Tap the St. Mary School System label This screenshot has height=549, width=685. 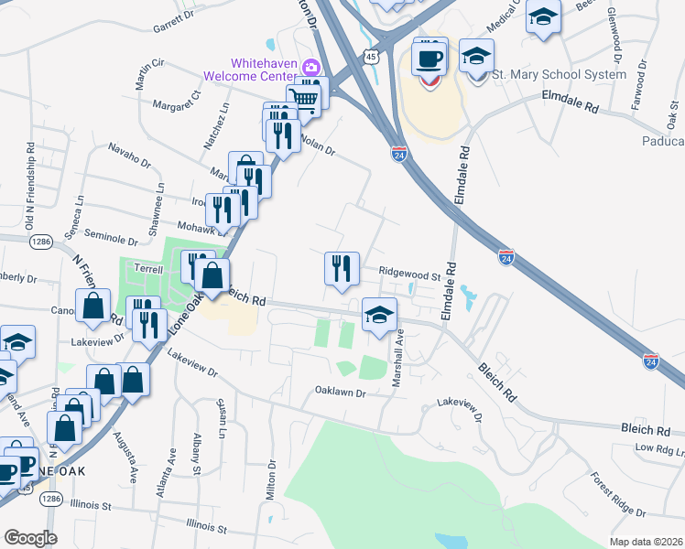coord(559,74)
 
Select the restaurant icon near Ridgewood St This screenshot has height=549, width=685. coord(342,268)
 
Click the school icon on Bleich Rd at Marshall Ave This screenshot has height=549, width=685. coord(379,315)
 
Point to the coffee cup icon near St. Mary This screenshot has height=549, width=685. coord(429,59)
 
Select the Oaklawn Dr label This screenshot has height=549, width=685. coord(341,392)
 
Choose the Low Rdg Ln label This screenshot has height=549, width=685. coord(658,448)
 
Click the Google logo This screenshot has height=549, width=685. coord(29,538)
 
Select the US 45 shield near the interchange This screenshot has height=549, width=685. coord(370,57)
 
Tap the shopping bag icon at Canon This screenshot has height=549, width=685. coord(93,307)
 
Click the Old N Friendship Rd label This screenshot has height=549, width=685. coord(31,184)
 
